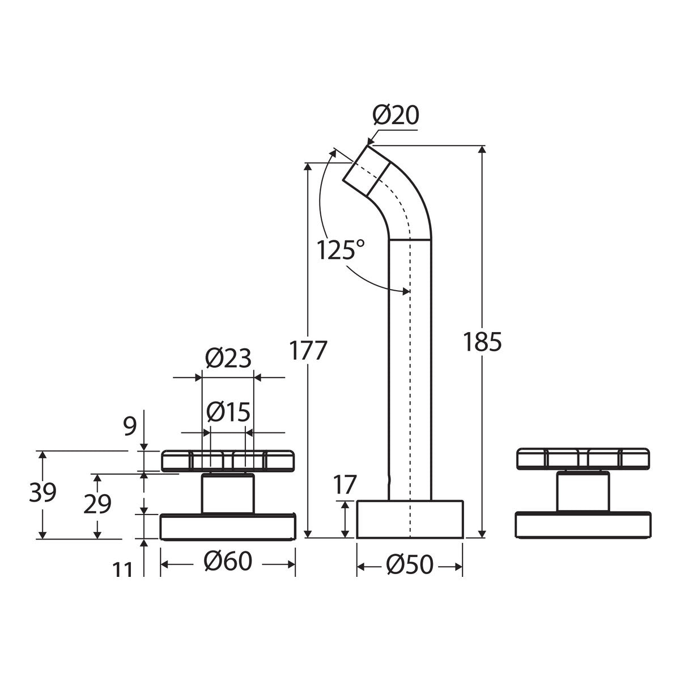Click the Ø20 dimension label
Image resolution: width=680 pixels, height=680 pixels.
click(x=396, y=115)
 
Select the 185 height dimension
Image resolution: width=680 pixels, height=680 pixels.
click(x=482, y=342)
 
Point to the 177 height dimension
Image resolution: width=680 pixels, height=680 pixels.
click(x=308, y=350)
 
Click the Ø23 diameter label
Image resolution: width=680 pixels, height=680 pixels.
click(x=228, y=358)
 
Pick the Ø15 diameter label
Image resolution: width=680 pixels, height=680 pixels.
click(x=228, y=412)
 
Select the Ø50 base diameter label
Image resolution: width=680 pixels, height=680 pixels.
click(x=409, y=564)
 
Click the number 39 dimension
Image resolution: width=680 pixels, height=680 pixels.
click(x=42, y=492)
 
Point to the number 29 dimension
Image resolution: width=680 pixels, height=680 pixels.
click(x=97, y=503)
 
